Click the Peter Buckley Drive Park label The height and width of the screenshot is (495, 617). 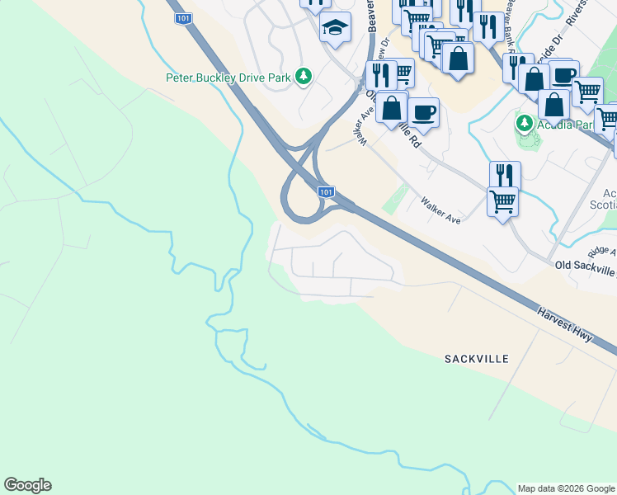click(x=229, y=78)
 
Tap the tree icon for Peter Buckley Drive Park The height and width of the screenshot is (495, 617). click(x=304, y=77)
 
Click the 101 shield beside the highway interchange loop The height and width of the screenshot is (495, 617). click(x=327, y=191)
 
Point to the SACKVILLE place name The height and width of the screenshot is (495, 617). click(x=477, y=359)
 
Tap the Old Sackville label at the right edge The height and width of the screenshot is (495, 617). click(x=586, y=265)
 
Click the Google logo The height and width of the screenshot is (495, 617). click(x=27, y=485)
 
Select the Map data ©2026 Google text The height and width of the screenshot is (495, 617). click(x=565, y=488)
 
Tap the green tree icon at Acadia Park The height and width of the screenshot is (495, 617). click(x=524, y=124)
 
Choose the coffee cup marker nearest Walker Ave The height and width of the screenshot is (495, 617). click(x=423, y=112)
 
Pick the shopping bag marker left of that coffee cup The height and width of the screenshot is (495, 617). click(x=392, y=107)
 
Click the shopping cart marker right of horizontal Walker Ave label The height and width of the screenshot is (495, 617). click(x=502, y=200)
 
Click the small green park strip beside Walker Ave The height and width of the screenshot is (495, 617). click(x=395, y=199)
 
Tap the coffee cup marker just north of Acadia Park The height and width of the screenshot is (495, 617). click(x=563, y=75)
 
